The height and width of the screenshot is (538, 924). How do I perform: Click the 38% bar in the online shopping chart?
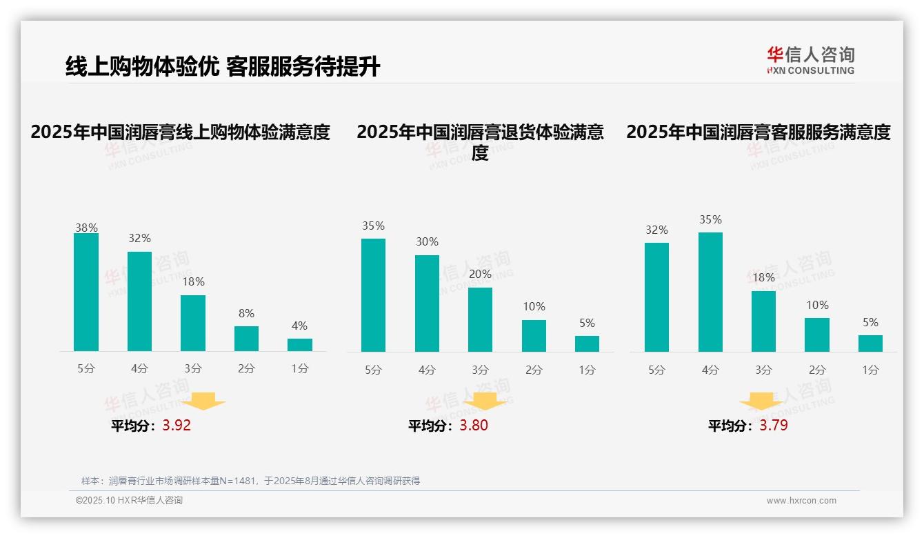coord(86,292)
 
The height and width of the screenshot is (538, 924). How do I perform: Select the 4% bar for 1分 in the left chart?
coord(300,345)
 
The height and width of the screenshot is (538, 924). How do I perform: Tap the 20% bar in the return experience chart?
coord(481,319)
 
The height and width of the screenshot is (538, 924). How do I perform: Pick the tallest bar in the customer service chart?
coord(710,292)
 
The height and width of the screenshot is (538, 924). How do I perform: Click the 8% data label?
coord(246,312)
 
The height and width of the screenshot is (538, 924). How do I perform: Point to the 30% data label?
coord(427,242)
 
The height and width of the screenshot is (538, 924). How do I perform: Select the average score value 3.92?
coord(177,426)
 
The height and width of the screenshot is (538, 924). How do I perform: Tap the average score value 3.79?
coord(774,426)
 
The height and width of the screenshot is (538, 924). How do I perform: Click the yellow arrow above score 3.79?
coord(761,402)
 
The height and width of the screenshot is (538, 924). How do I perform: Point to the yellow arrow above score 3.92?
coord(204,401)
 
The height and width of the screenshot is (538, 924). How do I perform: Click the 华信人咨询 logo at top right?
coord(810,60)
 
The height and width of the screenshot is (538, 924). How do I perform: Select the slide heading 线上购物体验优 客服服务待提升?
coord(223,67)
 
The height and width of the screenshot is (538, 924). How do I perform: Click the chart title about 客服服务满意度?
coord(759,132)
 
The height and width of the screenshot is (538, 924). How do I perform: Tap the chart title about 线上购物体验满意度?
coord(181,132)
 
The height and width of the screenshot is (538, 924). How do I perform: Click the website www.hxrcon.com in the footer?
coord(801,501)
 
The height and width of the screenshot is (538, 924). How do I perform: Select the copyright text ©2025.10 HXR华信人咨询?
coord(130,501)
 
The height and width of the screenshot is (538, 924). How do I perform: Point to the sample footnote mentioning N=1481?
coord(250,481)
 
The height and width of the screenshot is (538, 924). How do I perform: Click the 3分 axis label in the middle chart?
coord(481,370)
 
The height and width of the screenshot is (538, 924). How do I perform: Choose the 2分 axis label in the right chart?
coord(817,370)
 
